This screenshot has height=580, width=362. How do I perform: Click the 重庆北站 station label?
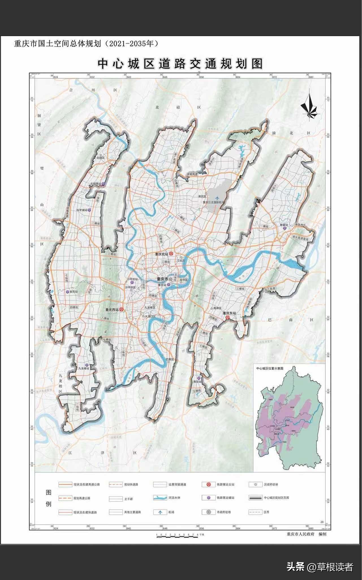coord(161,254)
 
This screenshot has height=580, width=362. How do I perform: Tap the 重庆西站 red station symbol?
coord(122,310)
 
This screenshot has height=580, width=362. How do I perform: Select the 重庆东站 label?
coord(229,313)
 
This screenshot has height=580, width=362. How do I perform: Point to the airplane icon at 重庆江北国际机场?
coord(217,198)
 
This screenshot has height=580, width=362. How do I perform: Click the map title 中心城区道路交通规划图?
coord(180,64)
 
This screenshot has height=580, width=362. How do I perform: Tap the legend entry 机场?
coord(171,512)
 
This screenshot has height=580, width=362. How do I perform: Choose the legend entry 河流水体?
coord(174,498)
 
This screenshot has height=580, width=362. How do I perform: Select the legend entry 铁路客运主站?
coord(225,484)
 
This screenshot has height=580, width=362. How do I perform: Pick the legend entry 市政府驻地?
coord(224,512)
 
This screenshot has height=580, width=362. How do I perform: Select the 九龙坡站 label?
coord(84,368)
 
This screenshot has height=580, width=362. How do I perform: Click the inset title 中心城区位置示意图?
coord(270,368)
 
